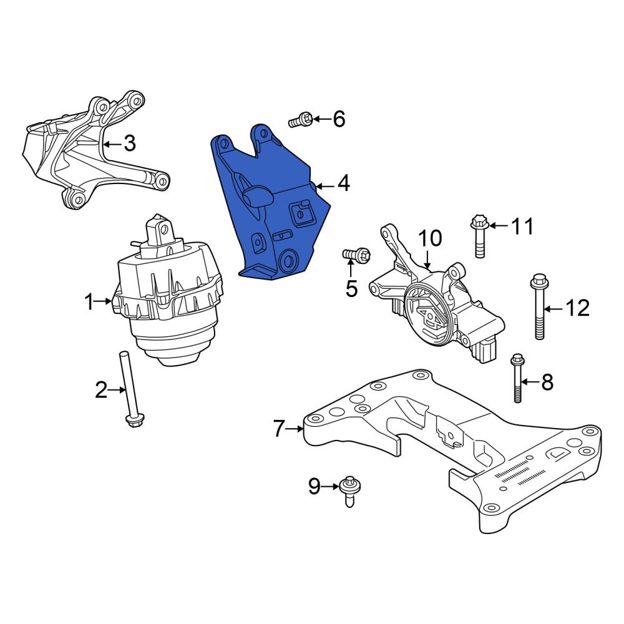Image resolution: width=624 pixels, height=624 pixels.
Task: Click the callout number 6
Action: [x=339, y=119]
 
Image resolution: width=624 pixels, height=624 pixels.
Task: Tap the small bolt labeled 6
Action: [x=302, y=119]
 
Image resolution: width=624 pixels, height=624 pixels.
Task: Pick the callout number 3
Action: [x=129, y=144]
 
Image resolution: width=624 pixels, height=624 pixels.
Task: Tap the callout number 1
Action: [x=89, y=303]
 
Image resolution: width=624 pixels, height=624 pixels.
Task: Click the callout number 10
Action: [x=429, y=238]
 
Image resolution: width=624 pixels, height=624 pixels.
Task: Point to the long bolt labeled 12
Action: [x=539, y=308]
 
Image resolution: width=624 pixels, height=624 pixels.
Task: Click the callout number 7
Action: [x=278, y=429]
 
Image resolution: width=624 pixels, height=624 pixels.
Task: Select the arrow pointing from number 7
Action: [x=295, y=429]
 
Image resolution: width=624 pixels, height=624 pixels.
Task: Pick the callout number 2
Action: [x=101, y=391]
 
